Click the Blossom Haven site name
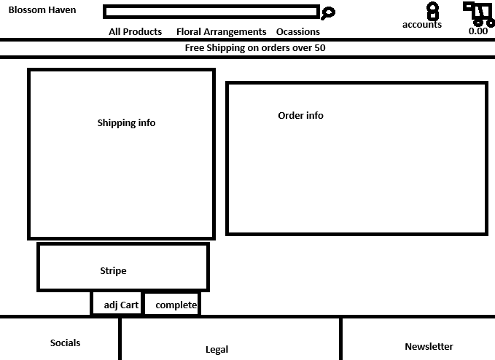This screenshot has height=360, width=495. [x=42, y=10]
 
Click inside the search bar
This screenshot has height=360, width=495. [x=211, y=12]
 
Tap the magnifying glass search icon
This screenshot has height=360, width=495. [x=328, y=12]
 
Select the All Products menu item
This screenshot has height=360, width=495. [x=135, y=32]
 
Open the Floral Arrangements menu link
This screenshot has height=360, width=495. [x=221, y=32]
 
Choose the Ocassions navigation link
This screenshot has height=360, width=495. [x=297, y=32]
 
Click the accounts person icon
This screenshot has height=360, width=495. [x=432, y=11]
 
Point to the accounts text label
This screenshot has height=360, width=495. [x=421, y=25]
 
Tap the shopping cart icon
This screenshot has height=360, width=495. [x=478, y=13]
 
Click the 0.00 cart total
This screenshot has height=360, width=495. [x=478, y=31]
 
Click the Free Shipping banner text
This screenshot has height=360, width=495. [x=255, y=48]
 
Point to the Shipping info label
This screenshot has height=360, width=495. [x=126, y=123]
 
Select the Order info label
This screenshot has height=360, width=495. [x=300, y=116]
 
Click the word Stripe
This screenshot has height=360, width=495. [x=113, y=271]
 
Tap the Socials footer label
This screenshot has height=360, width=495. [x=65, y=343]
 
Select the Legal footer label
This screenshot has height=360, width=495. [x=217, y=350]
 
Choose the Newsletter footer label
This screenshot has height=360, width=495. [x=429, y=347]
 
